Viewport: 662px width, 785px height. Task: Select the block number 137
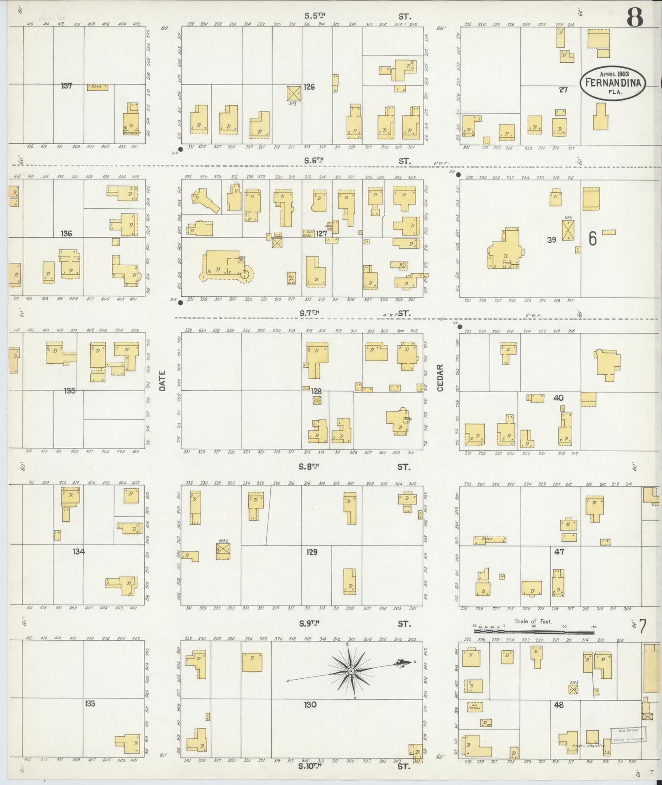(x=67, y=86)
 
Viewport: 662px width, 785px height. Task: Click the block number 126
(x=309, y=87)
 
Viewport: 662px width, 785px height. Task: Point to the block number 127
(x=321, y=234)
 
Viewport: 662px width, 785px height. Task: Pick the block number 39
(x=551, y=239)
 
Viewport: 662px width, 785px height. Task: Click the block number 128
(x=316, y=391)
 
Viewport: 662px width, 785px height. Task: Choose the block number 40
(x=558, y=398)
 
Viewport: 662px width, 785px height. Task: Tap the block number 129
(x=312, y=552)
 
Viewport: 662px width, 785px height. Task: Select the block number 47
(x=559, y=552)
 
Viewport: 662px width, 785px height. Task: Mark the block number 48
(x=558, y=705)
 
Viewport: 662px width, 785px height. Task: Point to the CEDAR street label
(x=440, y=378)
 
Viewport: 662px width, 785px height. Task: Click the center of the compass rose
(x=350, y=671)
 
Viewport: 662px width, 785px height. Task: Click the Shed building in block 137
(x=98, y=87)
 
